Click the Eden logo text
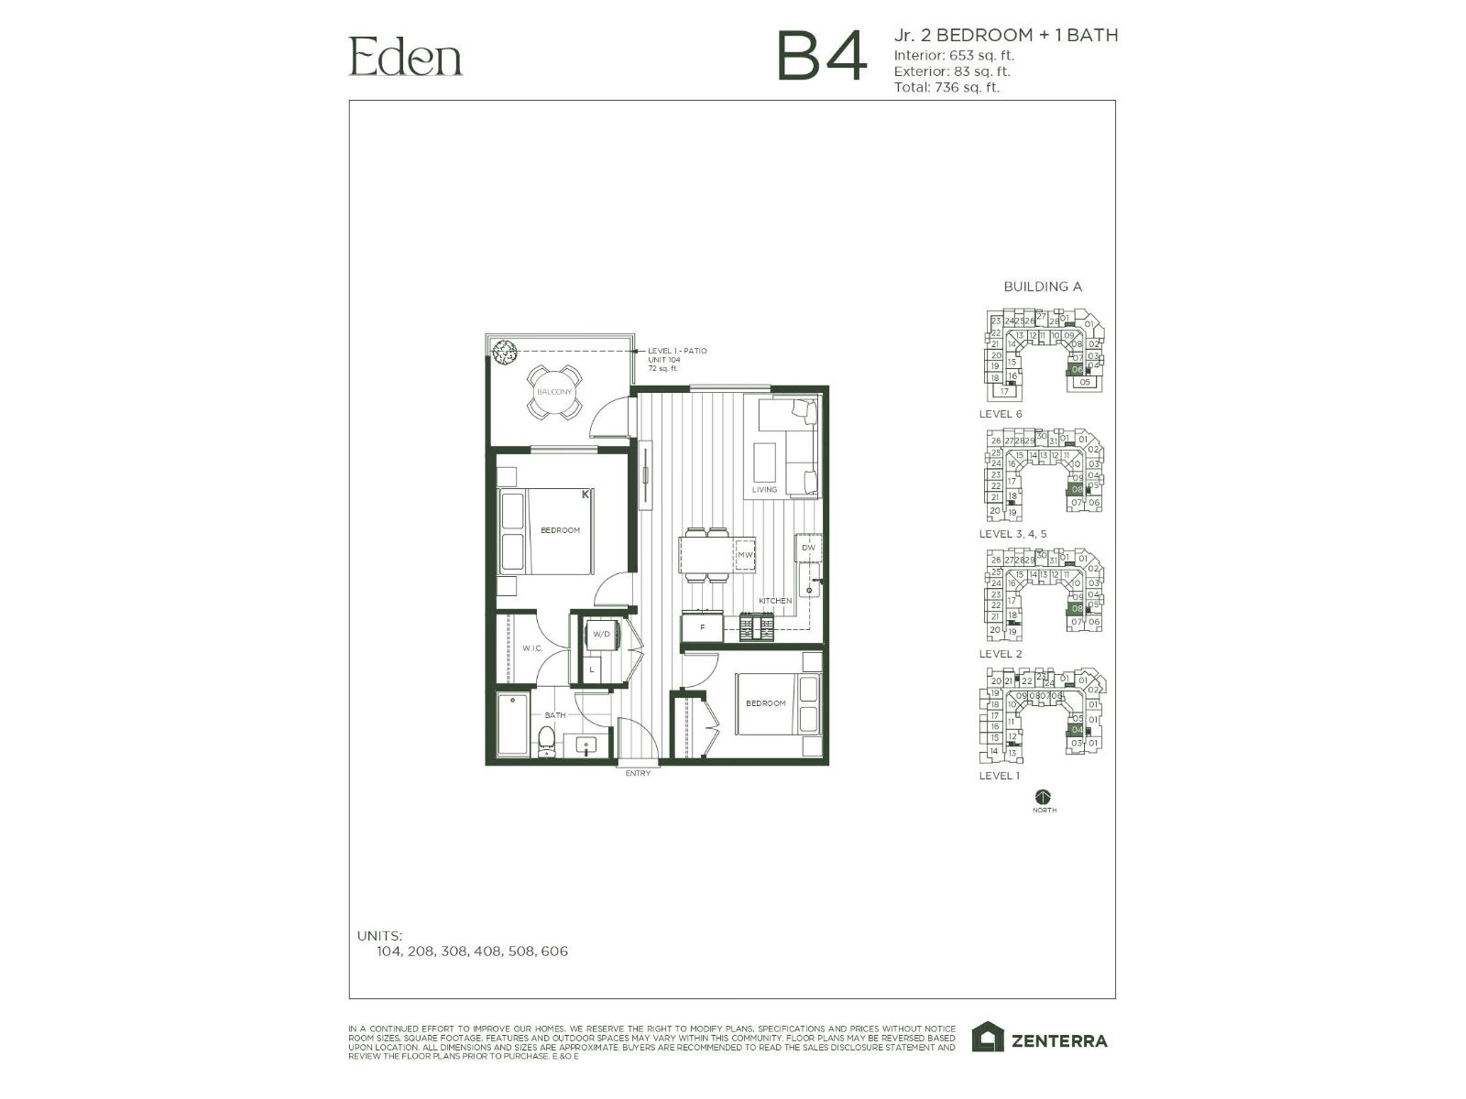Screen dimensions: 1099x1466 pyautogui.click(x=405, y=57)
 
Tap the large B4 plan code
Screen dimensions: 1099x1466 pyautogui.click(x=820, y=57)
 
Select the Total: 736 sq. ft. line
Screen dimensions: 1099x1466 pyautogui.click(x=946, y=88)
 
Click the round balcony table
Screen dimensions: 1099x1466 pyautogui.click(x=553, y=392)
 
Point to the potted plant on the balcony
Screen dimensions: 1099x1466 pyautogui.click(x=503, y=351)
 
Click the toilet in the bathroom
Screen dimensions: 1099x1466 pyautogui.click(x=546, y=742)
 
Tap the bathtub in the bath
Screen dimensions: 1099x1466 pyautogui.click(x=512, y=724)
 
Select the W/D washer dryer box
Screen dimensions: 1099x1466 pyautogui.click(x=601, y=634)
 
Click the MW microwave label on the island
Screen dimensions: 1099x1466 pyautogui.click(x=744, y=555)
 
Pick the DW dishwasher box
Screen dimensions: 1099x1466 pyautogui.click(x=807, y=548)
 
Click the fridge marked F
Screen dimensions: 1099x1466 pyautogui.click(x=702, y=627)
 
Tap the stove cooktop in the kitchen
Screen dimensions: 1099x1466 pyautogui.click(x=757, y=628)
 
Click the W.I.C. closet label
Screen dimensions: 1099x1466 pyautogui.click(x=532, y=648)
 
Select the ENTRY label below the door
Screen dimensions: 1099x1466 pyautogui.click(x=638, y=774)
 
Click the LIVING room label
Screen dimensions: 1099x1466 pyautogui.click(x=764, y=490)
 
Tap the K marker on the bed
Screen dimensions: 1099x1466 pyautogui.click(x=585, y=495)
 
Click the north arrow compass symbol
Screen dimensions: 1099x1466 pyautogui.click(x=1043, y=797)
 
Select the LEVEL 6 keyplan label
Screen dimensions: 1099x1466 pyautogui.click(x=1000, y=414)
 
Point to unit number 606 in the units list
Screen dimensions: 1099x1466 pyautogui.click(x=554, y=952)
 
